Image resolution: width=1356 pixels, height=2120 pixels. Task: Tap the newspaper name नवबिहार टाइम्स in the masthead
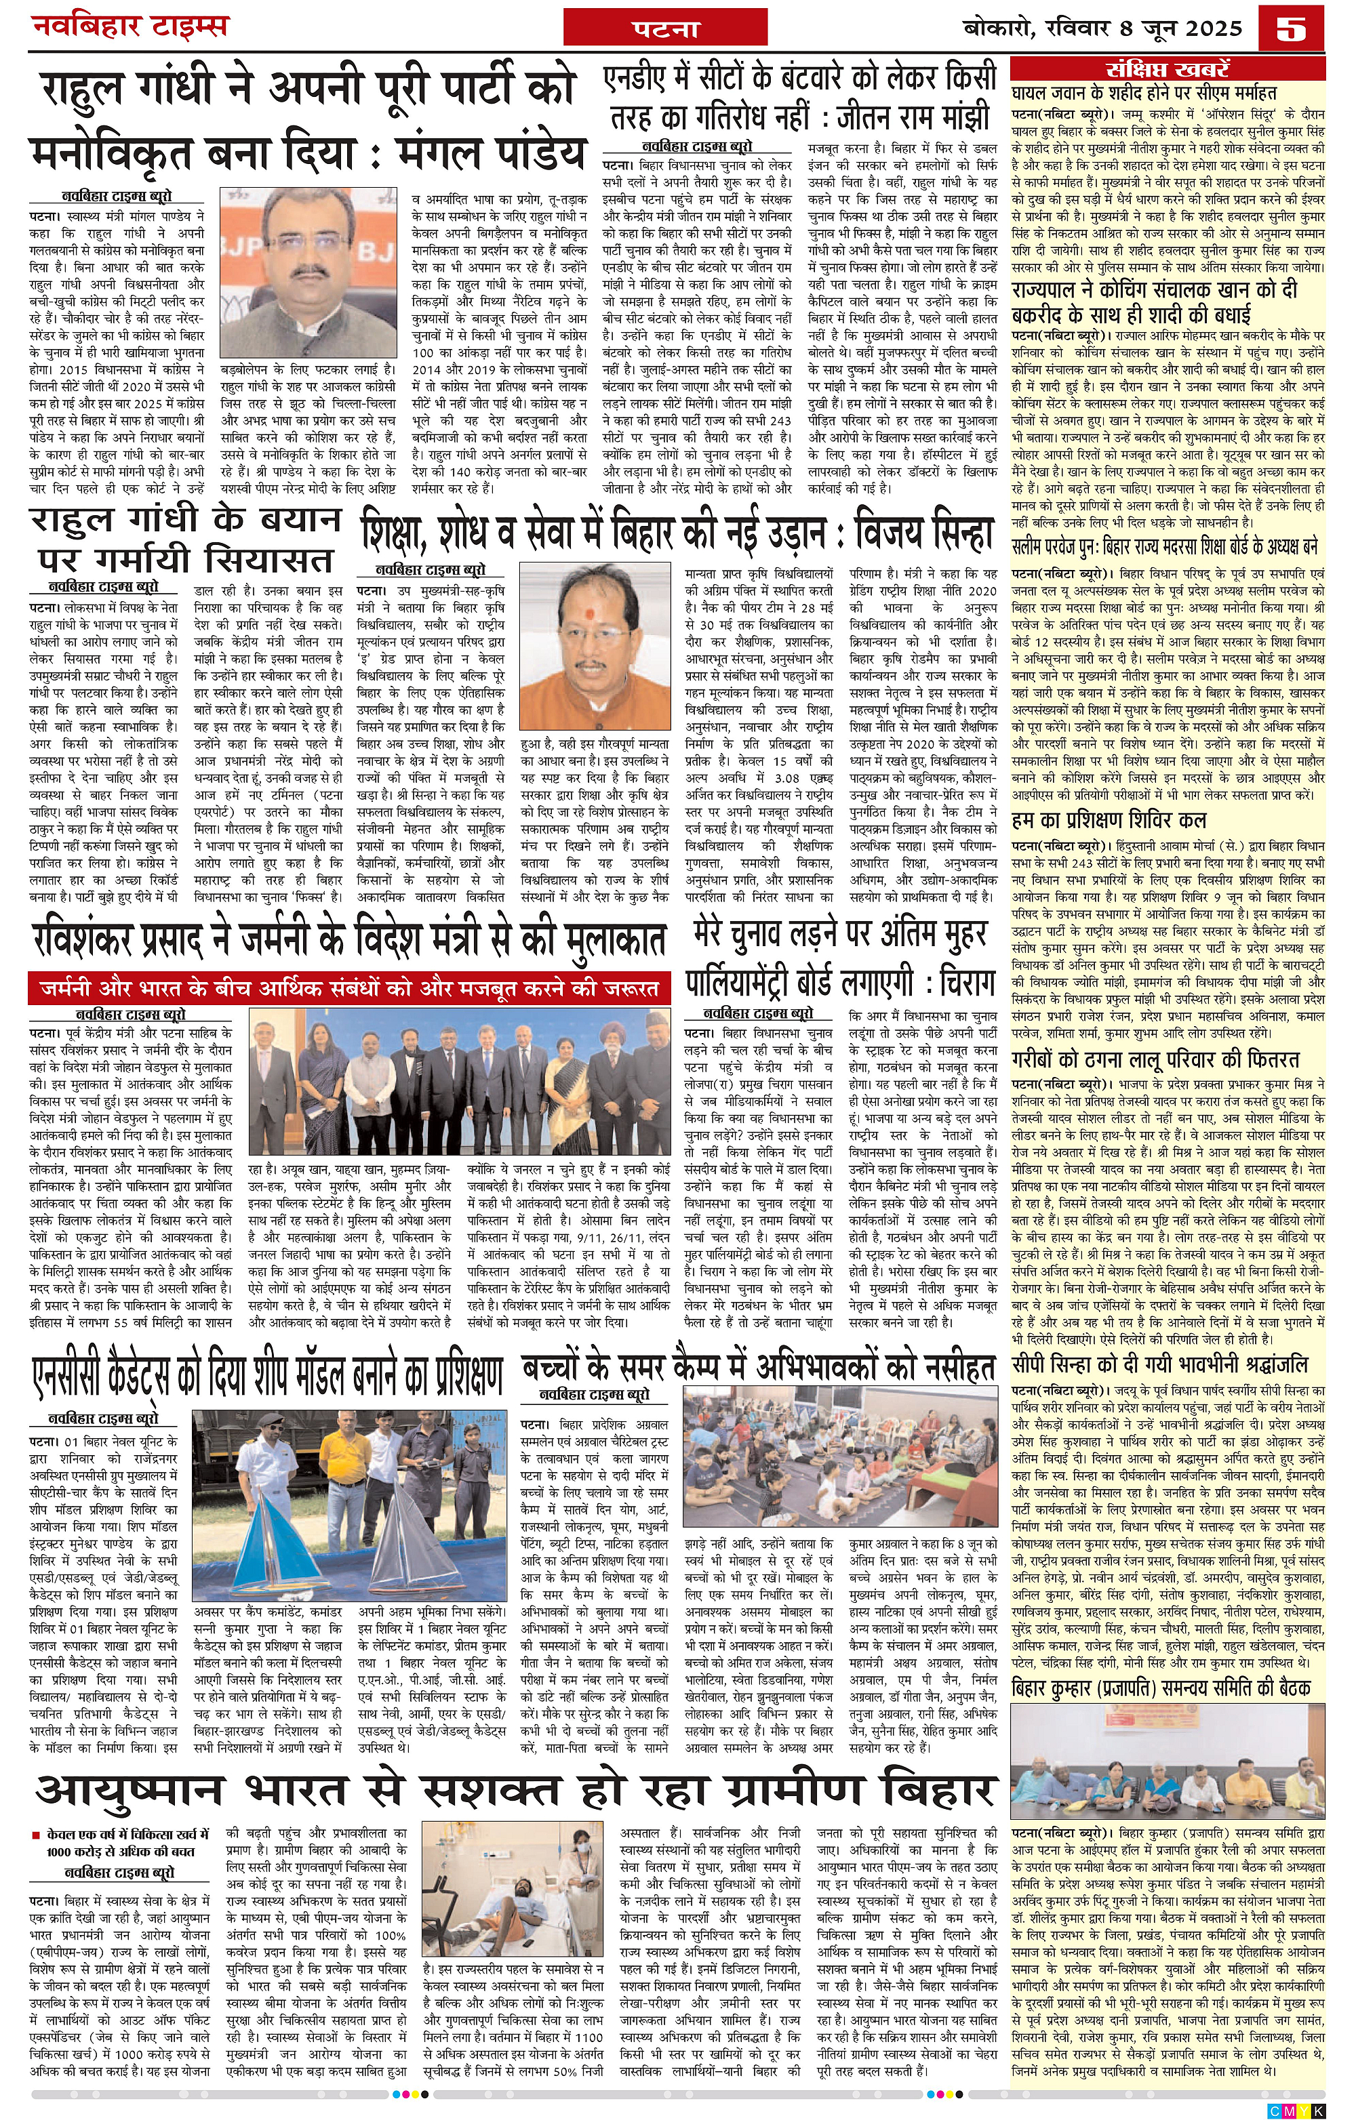pyautogui.click(x=130, y=26)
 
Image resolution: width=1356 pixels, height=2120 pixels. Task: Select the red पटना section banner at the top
pyautogui.click(x=666, y=29)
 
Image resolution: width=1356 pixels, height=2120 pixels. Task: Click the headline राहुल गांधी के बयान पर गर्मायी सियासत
pyautogui.click(x=185, y=539)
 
